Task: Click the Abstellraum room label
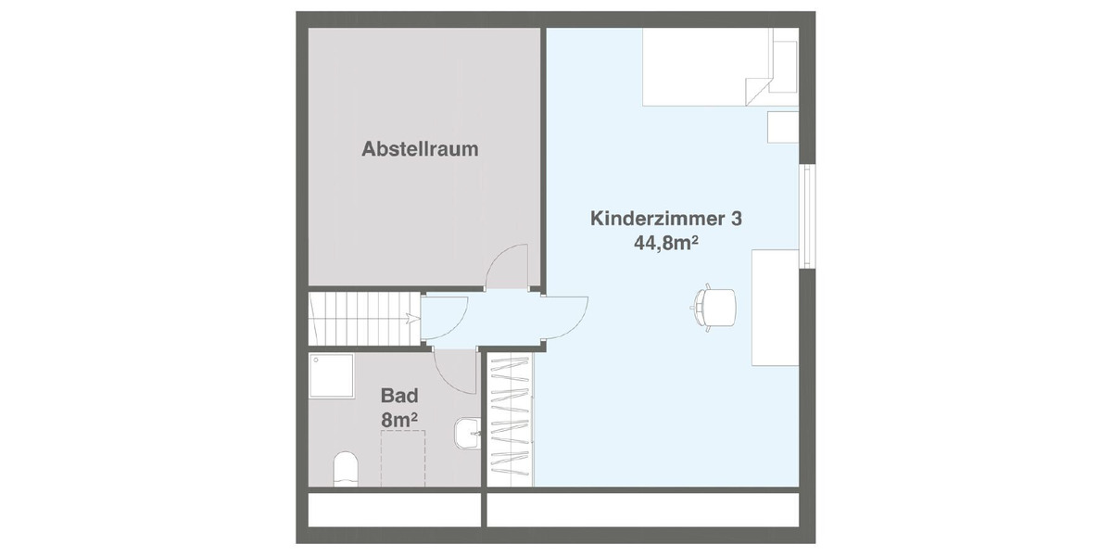[420, 149]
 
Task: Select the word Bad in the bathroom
[399, 396]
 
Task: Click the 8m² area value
[399, 419]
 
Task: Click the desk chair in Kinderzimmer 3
[714, 307]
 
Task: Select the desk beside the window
[775, 307]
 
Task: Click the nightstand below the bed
[783, 127]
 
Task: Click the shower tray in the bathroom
[332, 375]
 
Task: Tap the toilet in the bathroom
[345, 469]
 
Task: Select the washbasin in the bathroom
[466, 434]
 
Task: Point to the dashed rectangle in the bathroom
[403, 458]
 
